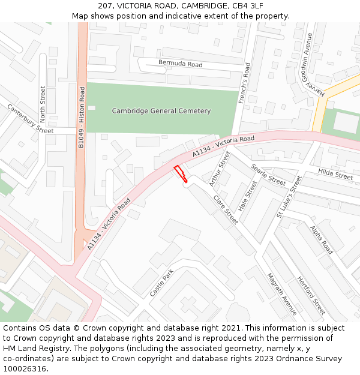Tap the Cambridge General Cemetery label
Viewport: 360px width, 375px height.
[161, 111]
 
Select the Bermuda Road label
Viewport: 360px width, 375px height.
[180, 64]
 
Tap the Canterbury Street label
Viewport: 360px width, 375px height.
[30, 119]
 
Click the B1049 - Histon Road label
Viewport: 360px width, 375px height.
[82, 116]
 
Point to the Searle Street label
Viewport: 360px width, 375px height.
[268, 175]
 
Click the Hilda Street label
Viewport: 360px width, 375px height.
[335, 175]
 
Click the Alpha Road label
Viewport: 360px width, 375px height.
[322, 239]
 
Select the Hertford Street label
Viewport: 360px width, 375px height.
[311, 295]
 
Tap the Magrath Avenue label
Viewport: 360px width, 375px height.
[281, 293]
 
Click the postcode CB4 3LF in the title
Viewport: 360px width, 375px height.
[247, 5]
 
